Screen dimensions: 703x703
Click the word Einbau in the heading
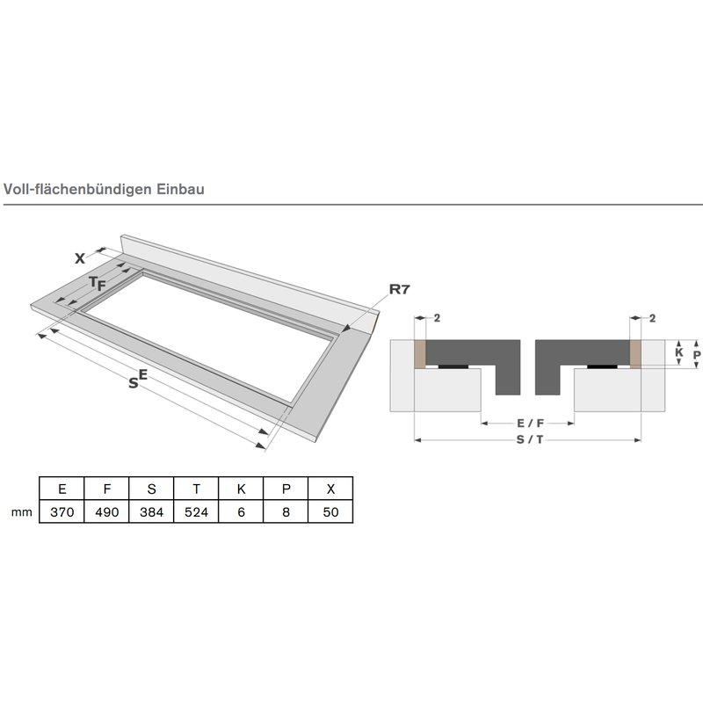coord(180,189)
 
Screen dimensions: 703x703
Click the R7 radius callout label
coord(400,290)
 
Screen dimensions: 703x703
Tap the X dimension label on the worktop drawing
coord(80,258)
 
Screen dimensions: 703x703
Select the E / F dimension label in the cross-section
coord(530,423)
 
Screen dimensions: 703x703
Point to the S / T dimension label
coord(530,440)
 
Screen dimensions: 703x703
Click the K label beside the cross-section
coord(678,352)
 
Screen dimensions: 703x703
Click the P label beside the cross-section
coord(697,355)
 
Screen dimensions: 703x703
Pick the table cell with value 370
coord(62,511)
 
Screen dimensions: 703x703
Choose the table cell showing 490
coord(106,511)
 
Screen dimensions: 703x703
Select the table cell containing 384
coord(151,511)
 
